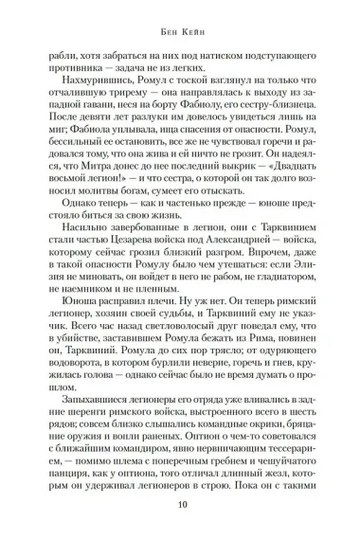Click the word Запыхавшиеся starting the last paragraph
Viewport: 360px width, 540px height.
91,442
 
